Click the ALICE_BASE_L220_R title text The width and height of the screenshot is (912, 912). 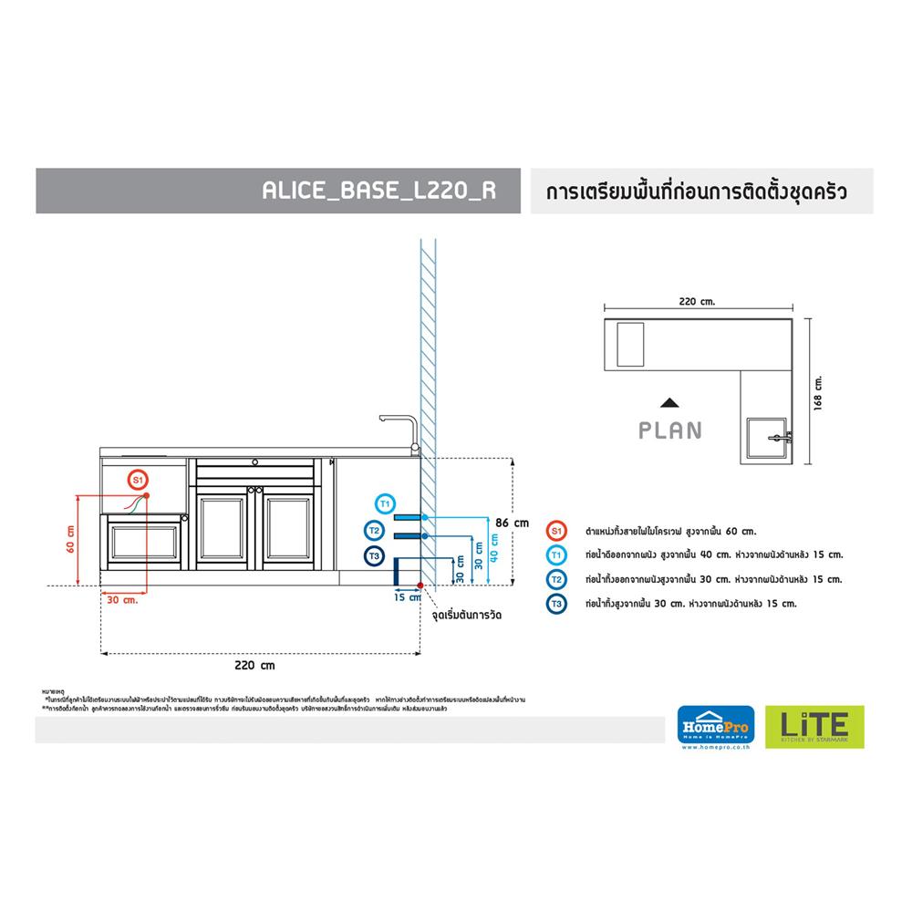tap(378, 192)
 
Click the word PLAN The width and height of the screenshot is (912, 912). tap(670, 430)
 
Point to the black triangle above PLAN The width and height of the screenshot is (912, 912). tap(670, 402)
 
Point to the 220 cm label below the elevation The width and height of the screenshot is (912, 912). tap(255, 666)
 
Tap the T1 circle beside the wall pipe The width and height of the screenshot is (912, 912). tap(385, 503)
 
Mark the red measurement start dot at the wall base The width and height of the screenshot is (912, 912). tap(420, 585)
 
